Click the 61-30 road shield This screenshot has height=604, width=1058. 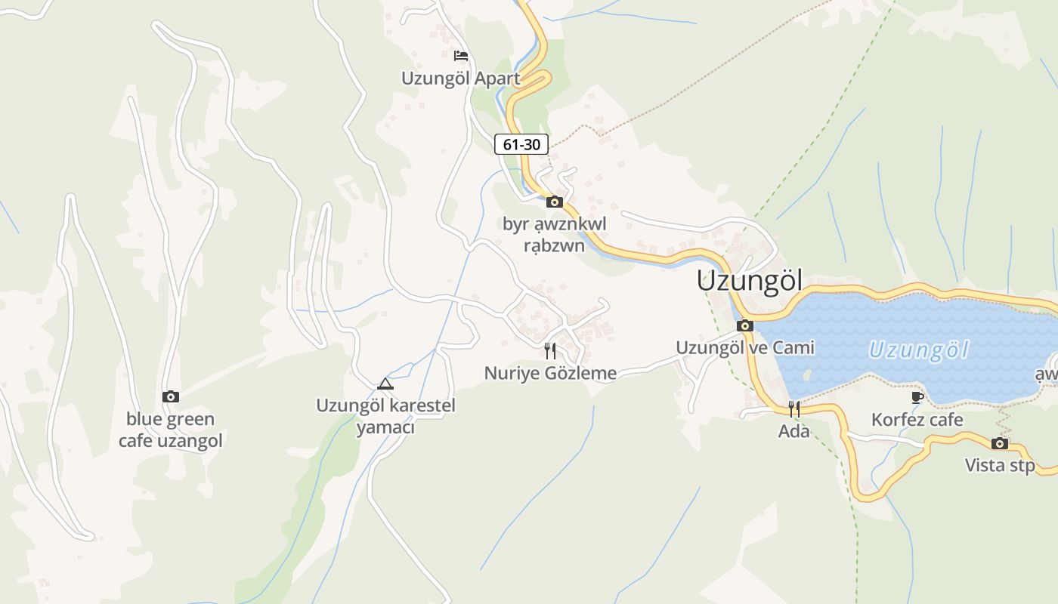521,144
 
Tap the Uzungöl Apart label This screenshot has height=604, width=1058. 460,79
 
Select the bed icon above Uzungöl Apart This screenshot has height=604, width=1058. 460,55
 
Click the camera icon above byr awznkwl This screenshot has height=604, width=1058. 555,202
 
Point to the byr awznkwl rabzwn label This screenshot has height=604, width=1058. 555,235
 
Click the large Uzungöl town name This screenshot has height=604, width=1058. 749,280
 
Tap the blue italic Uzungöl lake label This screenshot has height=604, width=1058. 918,350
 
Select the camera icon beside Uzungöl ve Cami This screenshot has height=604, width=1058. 745,326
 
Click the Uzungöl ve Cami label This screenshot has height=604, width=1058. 745,347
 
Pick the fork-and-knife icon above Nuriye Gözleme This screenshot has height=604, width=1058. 550,351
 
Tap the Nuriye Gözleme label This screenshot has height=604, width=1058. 550,373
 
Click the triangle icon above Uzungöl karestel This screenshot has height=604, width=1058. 385,384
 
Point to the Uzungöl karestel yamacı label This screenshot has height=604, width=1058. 385,416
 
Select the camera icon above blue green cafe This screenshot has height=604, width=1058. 171,396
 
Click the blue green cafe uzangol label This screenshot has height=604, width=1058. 171,430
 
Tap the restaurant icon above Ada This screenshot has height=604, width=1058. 794,409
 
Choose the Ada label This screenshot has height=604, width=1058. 794,431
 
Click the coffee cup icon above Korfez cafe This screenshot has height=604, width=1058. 917,397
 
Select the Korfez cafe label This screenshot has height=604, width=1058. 917,420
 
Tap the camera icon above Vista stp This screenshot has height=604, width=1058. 1000,443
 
